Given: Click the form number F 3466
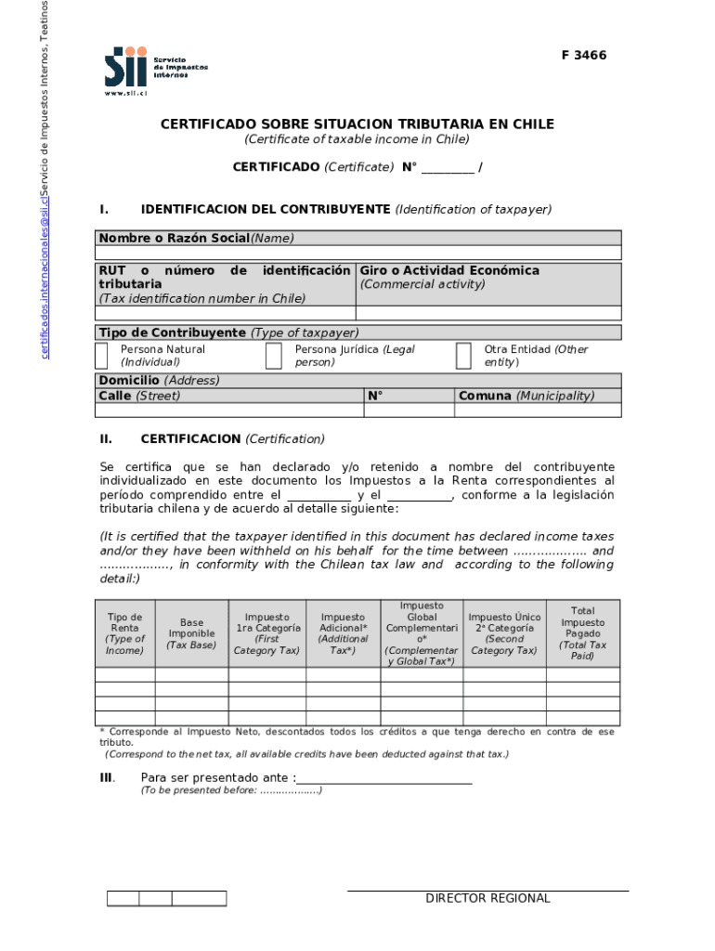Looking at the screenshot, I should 583,56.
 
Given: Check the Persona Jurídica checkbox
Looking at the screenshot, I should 273,356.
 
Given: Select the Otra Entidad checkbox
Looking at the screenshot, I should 463,356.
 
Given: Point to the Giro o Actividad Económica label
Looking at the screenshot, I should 449,270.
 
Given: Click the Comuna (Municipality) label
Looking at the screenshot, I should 525,396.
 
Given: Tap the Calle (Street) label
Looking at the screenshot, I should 139,396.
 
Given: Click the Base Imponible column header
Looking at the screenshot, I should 191,633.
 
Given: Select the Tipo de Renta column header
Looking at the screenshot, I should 124,633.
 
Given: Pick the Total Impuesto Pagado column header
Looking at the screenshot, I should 582,633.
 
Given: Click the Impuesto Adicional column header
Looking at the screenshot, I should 343,633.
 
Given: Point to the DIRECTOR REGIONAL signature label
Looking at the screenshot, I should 487,898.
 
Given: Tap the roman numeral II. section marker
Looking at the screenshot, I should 106,438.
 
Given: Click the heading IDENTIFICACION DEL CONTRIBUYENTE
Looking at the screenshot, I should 265,209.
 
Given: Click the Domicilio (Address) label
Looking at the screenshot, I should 159,381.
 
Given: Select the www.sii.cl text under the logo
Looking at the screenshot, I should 126,93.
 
